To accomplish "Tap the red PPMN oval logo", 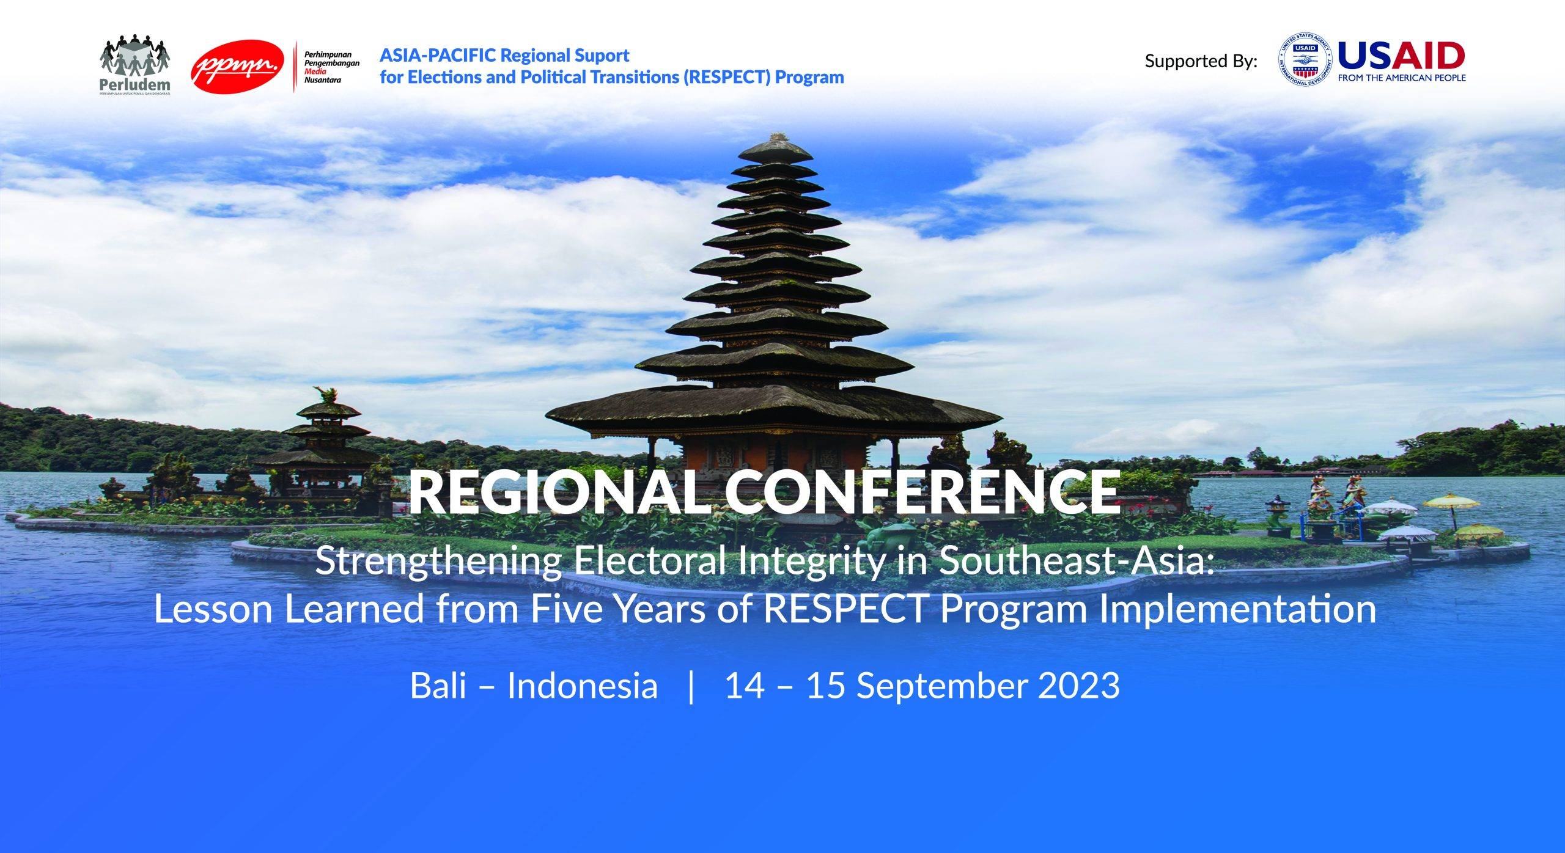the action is [238, 66].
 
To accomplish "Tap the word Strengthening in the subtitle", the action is [438, 562].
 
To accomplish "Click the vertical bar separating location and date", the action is [691, 687].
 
